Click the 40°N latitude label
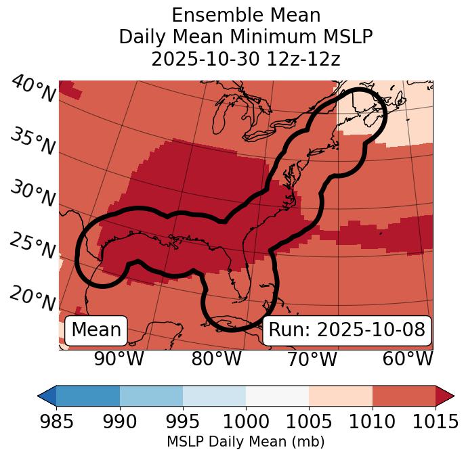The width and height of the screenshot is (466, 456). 33,90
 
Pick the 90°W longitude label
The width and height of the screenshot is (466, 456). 119,359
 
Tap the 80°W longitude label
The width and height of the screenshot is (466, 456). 217,359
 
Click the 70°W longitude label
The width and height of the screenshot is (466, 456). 312,359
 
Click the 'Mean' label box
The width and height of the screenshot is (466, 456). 96,330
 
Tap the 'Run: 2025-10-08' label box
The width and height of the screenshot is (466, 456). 347,330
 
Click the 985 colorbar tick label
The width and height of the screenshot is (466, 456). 57,421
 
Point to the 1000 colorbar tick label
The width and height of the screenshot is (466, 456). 246,421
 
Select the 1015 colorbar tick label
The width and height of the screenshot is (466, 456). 435,421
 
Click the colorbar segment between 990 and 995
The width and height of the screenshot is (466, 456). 151,396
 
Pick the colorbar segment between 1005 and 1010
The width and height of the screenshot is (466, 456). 340,396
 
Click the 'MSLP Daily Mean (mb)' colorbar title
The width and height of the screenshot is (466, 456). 245,442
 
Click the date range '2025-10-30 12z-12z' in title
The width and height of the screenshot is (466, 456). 245,59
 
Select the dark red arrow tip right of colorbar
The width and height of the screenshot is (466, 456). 445,396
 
